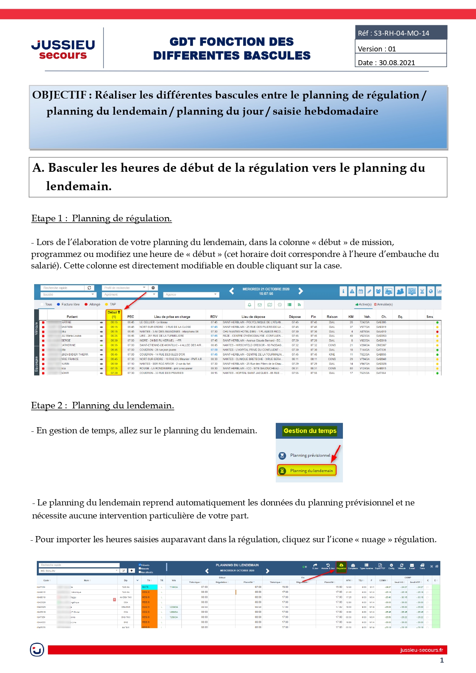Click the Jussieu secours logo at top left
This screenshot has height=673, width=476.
[x=63, y=50]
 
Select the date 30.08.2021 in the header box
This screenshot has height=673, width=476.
[x=397, y=63]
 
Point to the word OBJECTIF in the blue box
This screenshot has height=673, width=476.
[x=59, y=95]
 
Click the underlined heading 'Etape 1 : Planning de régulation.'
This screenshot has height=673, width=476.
[x=102, y=219]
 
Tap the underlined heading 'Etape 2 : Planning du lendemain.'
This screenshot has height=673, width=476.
[x=102, y=406]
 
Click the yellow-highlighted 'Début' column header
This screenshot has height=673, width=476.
[x=114, y=314]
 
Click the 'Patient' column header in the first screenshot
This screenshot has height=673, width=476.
[x=72, y=317]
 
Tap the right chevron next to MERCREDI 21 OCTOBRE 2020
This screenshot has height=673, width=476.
[x=301, y=291]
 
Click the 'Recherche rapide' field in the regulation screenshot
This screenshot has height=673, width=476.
[x=63, y=288]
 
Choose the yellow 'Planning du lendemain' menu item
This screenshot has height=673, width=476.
[x=307, y=471]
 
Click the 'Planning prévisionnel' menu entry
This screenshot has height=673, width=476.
[x=310, y=456]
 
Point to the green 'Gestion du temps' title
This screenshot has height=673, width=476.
[x=310, y=431]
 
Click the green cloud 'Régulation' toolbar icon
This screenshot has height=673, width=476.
[x=341, y=566]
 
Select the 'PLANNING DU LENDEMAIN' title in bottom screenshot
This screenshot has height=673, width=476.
[x=237, y=565]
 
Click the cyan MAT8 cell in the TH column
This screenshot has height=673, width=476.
[x=149, y=587]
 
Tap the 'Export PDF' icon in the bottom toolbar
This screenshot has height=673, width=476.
[x=380, y=566]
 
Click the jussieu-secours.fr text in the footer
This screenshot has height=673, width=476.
[x=421, y=650]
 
